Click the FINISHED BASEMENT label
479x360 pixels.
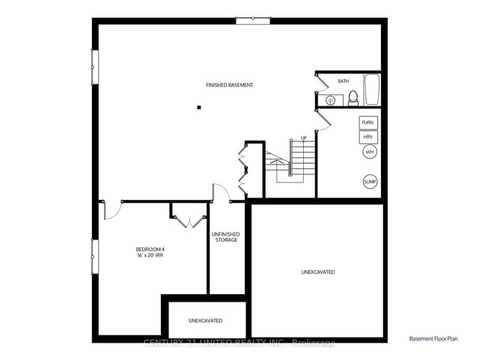[x=230, y=85]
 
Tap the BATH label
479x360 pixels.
[x=343, y=81]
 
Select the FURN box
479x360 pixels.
[x=367, y=122]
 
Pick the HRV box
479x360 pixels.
[x=367, y=138]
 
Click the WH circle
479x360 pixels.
[x=369, y=153]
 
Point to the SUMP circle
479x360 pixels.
[x=370, y=182]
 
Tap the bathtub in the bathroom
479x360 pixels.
[x=373, y=90]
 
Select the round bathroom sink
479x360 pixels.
[x=330, y=100]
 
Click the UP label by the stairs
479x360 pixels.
[x=303, y=138]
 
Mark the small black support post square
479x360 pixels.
[x=199, y=108]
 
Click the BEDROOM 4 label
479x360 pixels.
[x=150, y=249]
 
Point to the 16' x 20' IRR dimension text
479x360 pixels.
[x=150, y=256]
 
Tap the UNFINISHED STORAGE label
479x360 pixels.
[x=227, y=237]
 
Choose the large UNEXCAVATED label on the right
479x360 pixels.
[x=318, y=272]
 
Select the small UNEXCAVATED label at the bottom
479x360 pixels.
[x=205, y=320]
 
